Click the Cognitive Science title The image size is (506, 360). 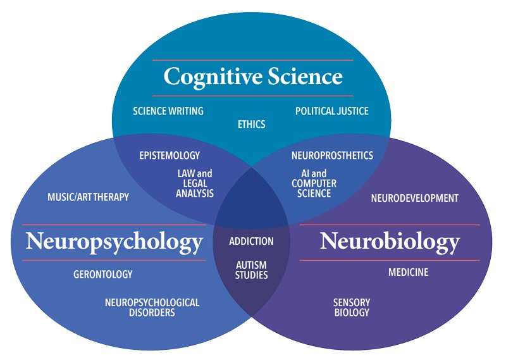[252, 77]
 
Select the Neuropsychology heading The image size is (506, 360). [114, 242]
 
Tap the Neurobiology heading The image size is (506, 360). [390, 242]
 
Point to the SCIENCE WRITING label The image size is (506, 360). [168, 111]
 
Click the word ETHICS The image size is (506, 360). [251, 124]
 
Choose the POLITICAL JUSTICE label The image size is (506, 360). [331, 111]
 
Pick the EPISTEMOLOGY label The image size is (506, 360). [170, 156]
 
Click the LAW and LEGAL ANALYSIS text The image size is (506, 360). [195, 183]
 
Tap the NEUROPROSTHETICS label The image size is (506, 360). [332, 156]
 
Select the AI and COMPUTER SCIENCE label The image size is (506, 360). [314, 183]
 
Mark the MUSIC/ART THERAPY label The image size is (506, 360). [88, 197]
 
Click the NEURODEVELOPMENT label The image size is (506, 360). [414, 198]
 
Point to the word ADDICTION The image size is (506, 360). [251, 241]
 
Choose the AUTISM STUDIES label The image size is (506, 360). [251, 270]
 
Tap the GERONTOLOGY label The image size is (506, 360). [103, 275]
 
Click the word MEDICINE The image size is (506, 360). [408, 273]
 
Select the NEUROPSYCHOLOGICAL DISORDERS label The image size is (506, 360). [152, 307]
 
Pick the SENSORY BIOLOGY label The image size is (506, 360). [351, 307]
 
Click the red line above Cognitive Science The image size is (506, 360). [252, 60]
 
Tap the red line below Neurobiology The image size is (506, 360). [390, 260]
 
